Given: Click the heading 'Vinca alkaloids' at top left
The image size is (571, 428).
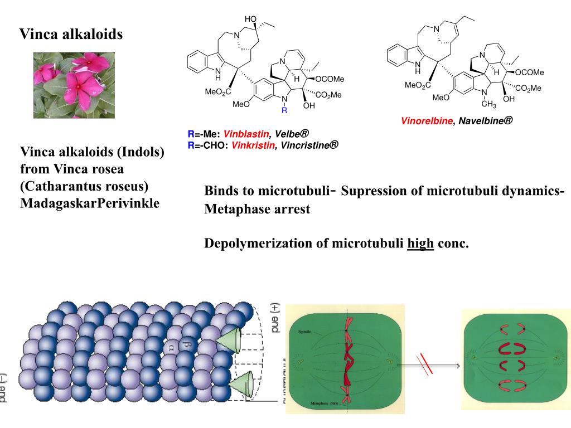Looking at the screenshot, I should pyautogui.click(x=71, y=35).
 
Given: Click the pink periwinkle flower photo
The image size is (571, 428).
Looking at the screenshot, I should pyautogui.click(x=74, y=85).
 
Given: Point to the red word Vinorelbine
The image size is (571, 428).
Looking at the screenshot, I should pyautogui.click(x=427, y=121).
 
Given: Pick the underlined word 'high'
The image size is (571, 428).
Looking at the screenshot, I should pyautogui.click(x=420, y=244).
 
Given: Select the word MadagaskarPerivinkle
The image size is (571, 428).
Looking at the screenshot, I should pyautogui.click(x=90, y=203).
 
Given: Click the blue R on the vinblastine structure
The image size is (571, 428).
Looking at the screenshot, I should pyautogui.click(x=284, y=111).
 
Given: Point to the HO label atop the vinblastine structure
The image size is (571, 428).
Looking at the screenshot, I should pyautogui.click(x=250, y=20).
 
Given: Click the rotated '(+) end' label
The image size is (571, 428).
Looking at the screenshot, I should pyautogui.click(x=274, y=318).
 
